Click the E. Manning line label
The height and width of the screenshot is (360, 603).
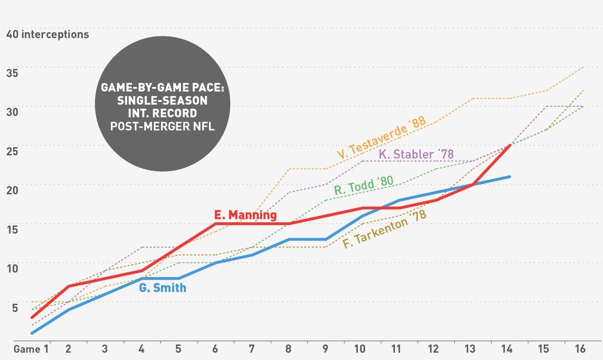coord(245,215)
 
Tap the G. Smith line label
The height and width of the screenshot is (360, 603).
coord(163,288)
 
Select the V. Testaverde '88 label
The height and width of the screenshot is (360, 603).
coord(381,137)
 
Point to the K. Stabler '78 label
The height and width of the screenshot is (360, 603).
coord(416,154)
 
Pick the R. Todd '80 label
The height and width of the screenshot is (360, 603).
coord(364,185)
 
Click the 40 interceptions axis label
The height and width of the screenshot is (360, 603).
coord(47,35)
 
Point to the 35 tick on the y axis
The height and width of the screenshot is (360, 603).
coord(12,73)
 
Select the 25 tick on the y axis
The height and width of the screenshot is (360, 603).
coord(12,151)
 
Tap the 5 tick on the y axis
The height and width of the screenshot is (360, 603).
coord(15,308)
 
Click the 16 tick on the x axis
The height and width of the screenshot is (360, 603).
coord(580,349)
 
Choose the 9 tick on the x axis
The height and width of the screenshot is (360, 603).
coord(325,349)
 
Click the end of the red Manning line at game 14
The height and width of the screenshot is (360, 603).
coord(510,146)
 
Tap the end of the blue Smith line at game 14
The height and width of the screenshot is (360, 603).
coord(510,177)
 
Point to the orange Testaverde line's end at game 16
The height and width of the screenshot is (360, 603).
coord(583,67)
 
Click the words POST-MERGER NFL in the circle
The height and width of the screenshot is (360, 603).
coord(162,126)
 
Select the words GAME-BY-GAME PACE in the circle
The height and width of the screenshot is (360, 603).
coord(163,88)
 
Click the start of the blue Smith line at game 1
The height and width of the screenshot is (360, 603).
coord(32,333)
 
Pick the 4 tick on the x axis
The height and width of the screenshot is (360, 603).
coord(141,349)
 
